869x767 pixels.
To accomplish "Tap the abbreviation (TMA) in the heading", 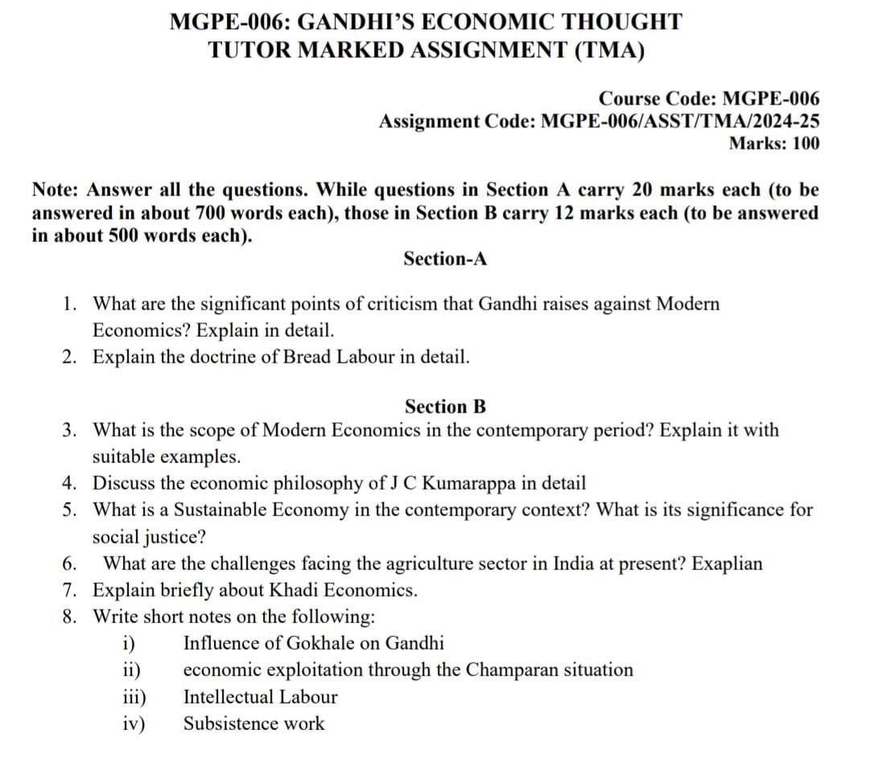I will pyautogui.click(x=611, y=50).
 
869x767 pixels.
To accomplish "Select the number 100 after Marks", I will pyautogui.click(x=805, y=144).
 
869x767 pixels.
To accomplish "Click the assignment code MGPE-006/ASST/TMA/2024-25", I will pyautogui.click(x=681, y=121).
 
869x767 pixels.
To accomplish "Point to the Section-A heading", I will pyautogui.click(x=445, y=259).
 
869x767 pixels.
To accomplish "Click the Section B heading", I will pyautogui.click(x=445, y=406).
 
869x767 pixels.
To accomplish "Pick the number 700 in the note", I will pyautogui.click(x=213, y=214).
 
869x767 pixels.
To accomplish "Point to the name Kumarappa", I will pyautogui.click(x=469, y=483).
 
